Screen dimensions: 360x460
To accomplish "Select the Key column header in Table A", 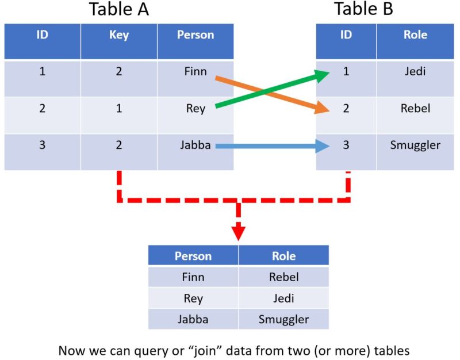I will click(x=118, y=35).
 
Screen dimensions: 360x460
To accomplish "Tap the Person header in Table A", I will click(x=195, y=35).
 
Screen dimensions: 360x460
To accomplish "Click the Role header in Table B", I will click(x=415, y=35).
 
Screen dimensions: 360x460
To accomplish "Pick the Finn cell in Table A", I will click(x=195, y=72).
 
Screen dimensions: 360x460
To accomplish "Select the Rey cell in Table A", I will click(x=195, y=108).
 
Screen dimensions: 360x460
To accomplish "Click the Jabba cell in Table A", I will click(x=195, y=145).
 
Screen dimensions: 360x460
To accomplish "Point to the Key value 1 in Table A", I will click(x=118, y=108).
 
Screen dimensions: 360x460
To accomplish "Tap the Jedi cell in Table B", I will click(x=415, y=72).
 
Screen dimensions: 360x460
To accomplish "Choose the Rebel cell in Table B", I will click(x=415, y=108).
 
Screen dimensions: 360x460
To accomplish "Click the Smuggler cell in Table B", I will click(x=415, y=145).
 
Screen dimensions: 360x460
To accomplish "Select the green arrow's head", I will click(x=322, y=75).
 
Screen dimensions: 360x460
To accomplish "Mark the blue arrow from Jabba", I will click(x=270, y=147).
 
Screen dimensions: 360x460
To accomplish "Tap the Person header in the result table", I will click(x=193, y=256).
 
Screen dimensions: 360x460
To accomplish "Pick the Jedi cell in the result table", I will click(x=283, y=298).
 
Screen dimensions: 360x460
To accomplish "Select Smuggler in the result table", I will click(x=283, y=319).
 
